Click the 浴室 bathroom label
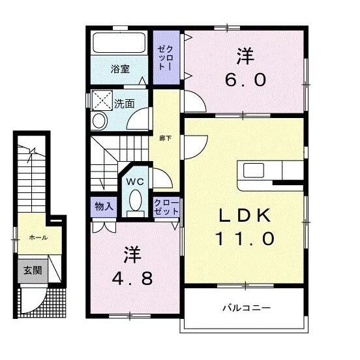(120, 69)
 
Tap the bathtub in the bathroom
(119, 42)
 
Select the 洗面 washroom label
(124, 104)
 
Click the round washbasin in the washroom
(100, 121)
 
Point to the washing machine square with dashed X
(102, 100)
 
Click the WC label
(136, 182)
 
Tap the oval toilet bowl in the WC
(136, 200)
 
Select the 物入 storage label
(104, 206)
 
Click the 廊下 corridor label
(165, 138)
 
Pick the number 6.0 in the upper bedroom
(245, 80)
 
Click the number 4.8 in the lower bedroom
(132, 278)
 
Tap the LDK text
(245, 216)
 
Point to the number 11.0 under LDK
(245, 239)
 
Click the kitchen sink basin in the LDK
(254, 170)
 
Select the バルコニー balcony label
(247, 308)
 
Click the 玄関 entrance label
(33, 271)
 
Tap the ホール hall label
(38, 237)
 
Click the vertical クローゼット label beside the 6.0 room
(165, 57)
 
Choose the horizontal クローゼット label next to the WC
(166, 207)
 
